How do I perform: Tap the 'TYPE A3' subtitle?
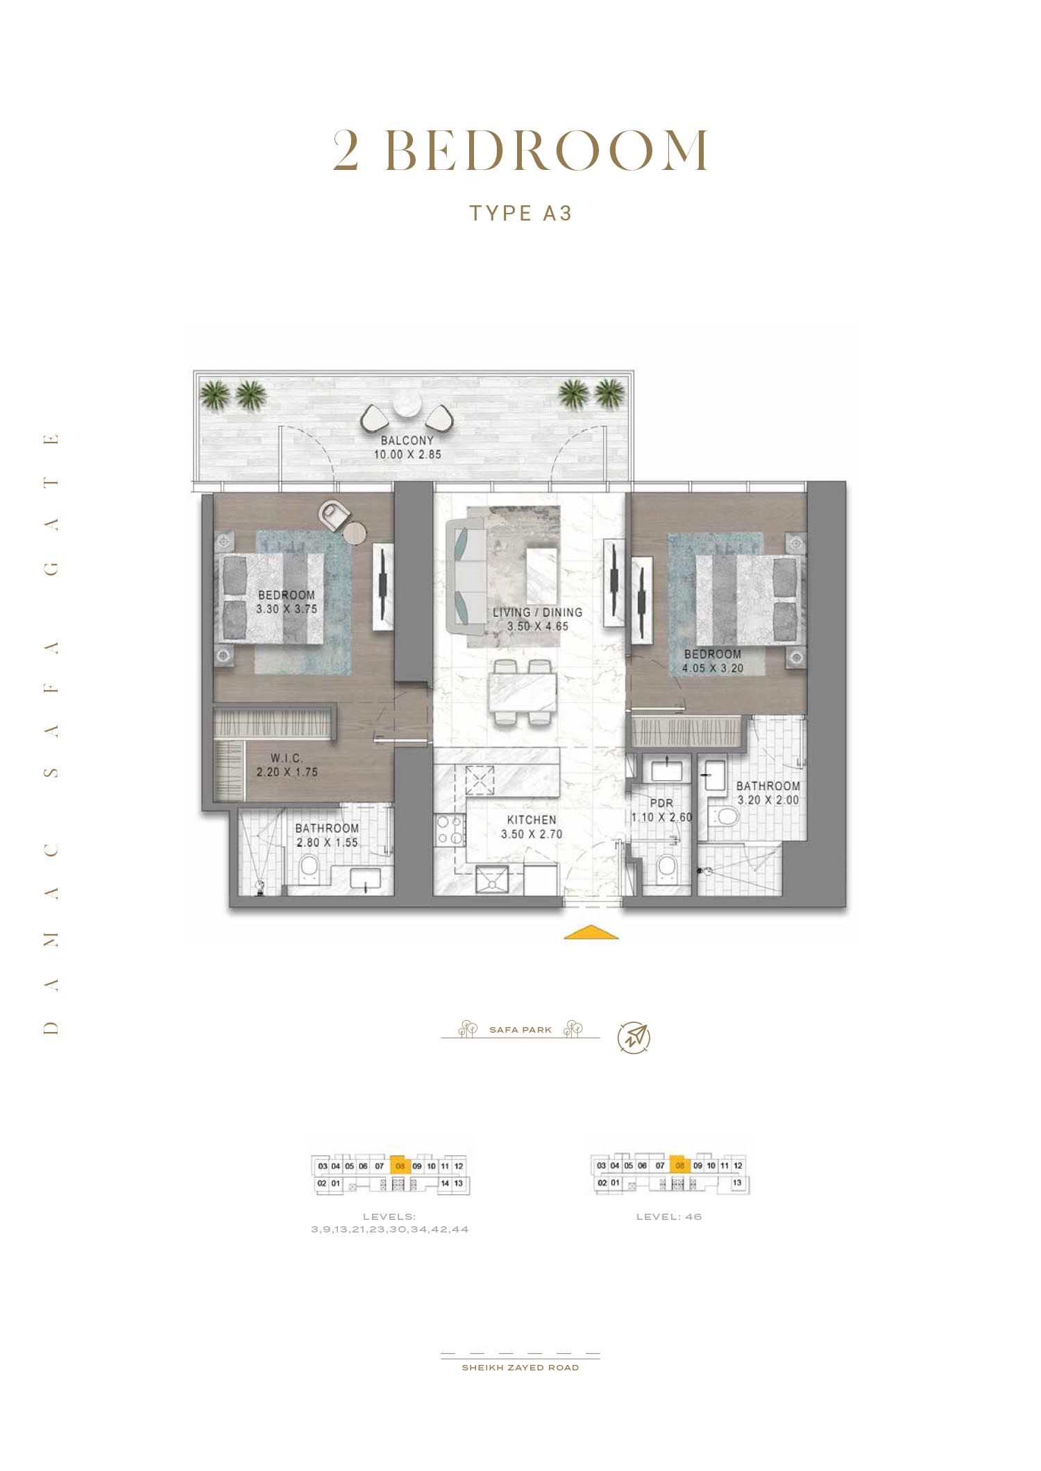[x=520, y=213]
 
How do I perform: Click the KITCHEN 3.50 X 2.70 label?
[x=532, y=827]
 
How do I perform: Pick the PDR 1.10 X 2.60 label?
[x=661, y=810]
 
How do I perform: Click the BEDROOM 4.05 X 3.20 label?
[x=713, y=661]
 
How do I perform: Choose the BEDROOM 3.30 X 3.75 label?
[x=286, y=602]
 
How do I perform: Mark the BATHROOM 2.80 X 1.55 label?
[x=327, y=835]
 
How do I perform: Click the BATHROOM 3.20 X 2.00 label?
[x=768, y=793]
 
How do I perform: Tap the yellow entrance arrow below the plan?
[x=591, y=932]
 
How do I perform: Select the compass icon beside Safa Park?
[x=634, y=1038]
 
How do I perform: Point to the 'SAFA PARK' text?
[x=520, y=1030]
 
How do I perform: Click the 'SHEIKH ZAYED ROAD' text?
[x=520, y=1368]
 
